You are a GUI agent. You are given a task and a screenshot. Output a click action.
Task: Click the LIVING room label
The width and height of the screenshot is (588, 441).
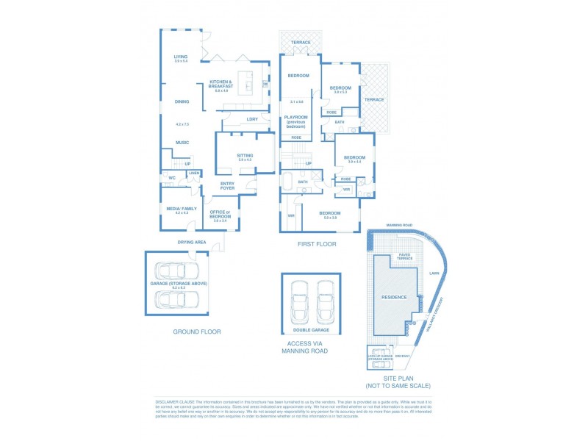pos(181,57)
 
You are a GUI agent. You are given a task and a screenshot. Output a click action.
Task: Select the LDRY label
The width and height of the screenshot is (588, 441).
pos(252,119)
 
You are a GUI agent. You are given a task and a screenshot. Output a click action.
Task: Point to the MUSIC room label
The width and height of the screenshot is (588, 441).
pos(182,143)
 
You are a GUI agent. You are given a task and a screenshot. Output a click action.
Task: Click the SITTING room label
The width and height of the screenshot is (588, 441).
pos(245,156)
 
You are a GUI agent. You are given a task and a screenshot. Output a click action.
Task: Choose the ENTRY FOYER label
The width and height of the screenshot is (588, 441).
pos(228,186)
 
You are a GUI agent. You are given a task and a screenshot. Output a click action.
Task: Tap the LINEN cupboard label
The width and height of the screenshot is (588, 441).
pos(194,173)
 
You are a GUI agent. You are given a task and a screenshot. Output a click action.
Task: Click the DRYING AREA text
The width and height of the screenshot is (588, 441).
pos(191,242)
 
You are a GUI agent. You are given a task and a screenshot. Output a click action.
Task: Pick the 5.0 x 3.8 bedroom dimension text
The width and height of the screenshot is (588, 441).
pos(329,218)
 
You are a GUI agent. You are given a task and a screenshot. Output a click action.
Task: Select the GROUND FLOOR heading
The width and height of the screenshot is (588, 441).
pos(197,331)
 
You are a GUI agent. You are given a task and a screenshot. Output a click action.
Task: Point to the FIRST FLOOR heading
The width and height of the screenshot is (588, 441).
pos(317,244)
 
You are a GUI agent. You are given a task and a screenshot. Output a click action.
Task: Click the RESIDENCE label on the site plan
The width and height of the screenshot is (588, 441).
pos(394,297)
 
